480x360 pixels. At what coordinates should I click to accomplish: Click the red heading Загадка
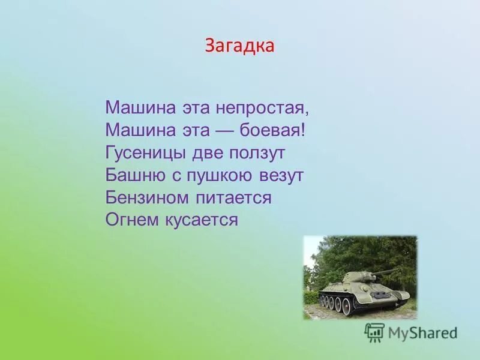click(x=239, y=46)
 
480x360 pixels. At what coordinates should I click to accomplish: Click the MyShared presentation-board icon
click(x=374, y=332)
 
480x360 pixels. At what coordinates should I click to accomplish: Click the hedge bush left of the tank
click(x=310, y=296)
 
